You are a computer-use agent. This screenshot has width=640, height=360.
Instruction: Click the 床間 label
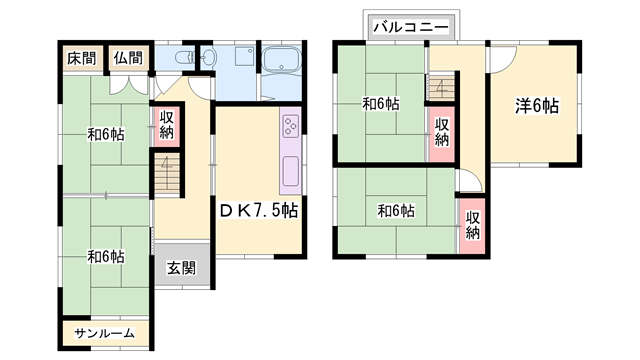[x=81, y=58]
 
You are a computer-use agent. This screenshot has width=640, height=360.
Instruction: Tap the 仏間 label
[x=127, y=58]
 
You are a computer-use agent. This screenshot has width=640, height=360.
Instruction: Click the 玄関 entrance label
[x=181, y=267]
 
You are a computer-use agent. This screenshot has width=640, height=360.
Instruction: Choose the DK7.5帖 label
[x=258, y=211]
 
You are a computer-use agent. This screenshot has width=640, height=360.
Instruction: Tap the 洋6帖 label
[x=537, y=106]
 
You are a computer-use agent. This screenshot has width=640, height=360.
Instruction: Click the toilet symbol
[x=182, y=58]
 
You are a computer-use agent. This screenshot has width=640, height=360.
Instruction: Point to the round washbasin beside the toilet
[x=208, y=58]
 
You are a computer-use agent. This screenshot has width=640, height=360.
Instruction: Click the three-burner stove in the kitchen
[x=291, y=126]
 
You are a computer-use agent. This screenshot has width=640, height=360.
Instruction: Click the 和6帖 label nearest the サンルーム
[x=105, y=257]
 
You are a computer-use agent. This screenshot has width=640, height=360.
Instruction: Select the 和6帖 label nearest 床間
[x=105, y=133]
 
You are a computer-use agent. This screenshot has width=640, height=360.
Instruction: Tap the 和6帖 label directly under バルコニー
[x=381, y=102]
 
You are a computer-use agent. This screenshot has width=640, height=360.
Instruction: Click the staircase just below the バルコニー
[x=442, y=89]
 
